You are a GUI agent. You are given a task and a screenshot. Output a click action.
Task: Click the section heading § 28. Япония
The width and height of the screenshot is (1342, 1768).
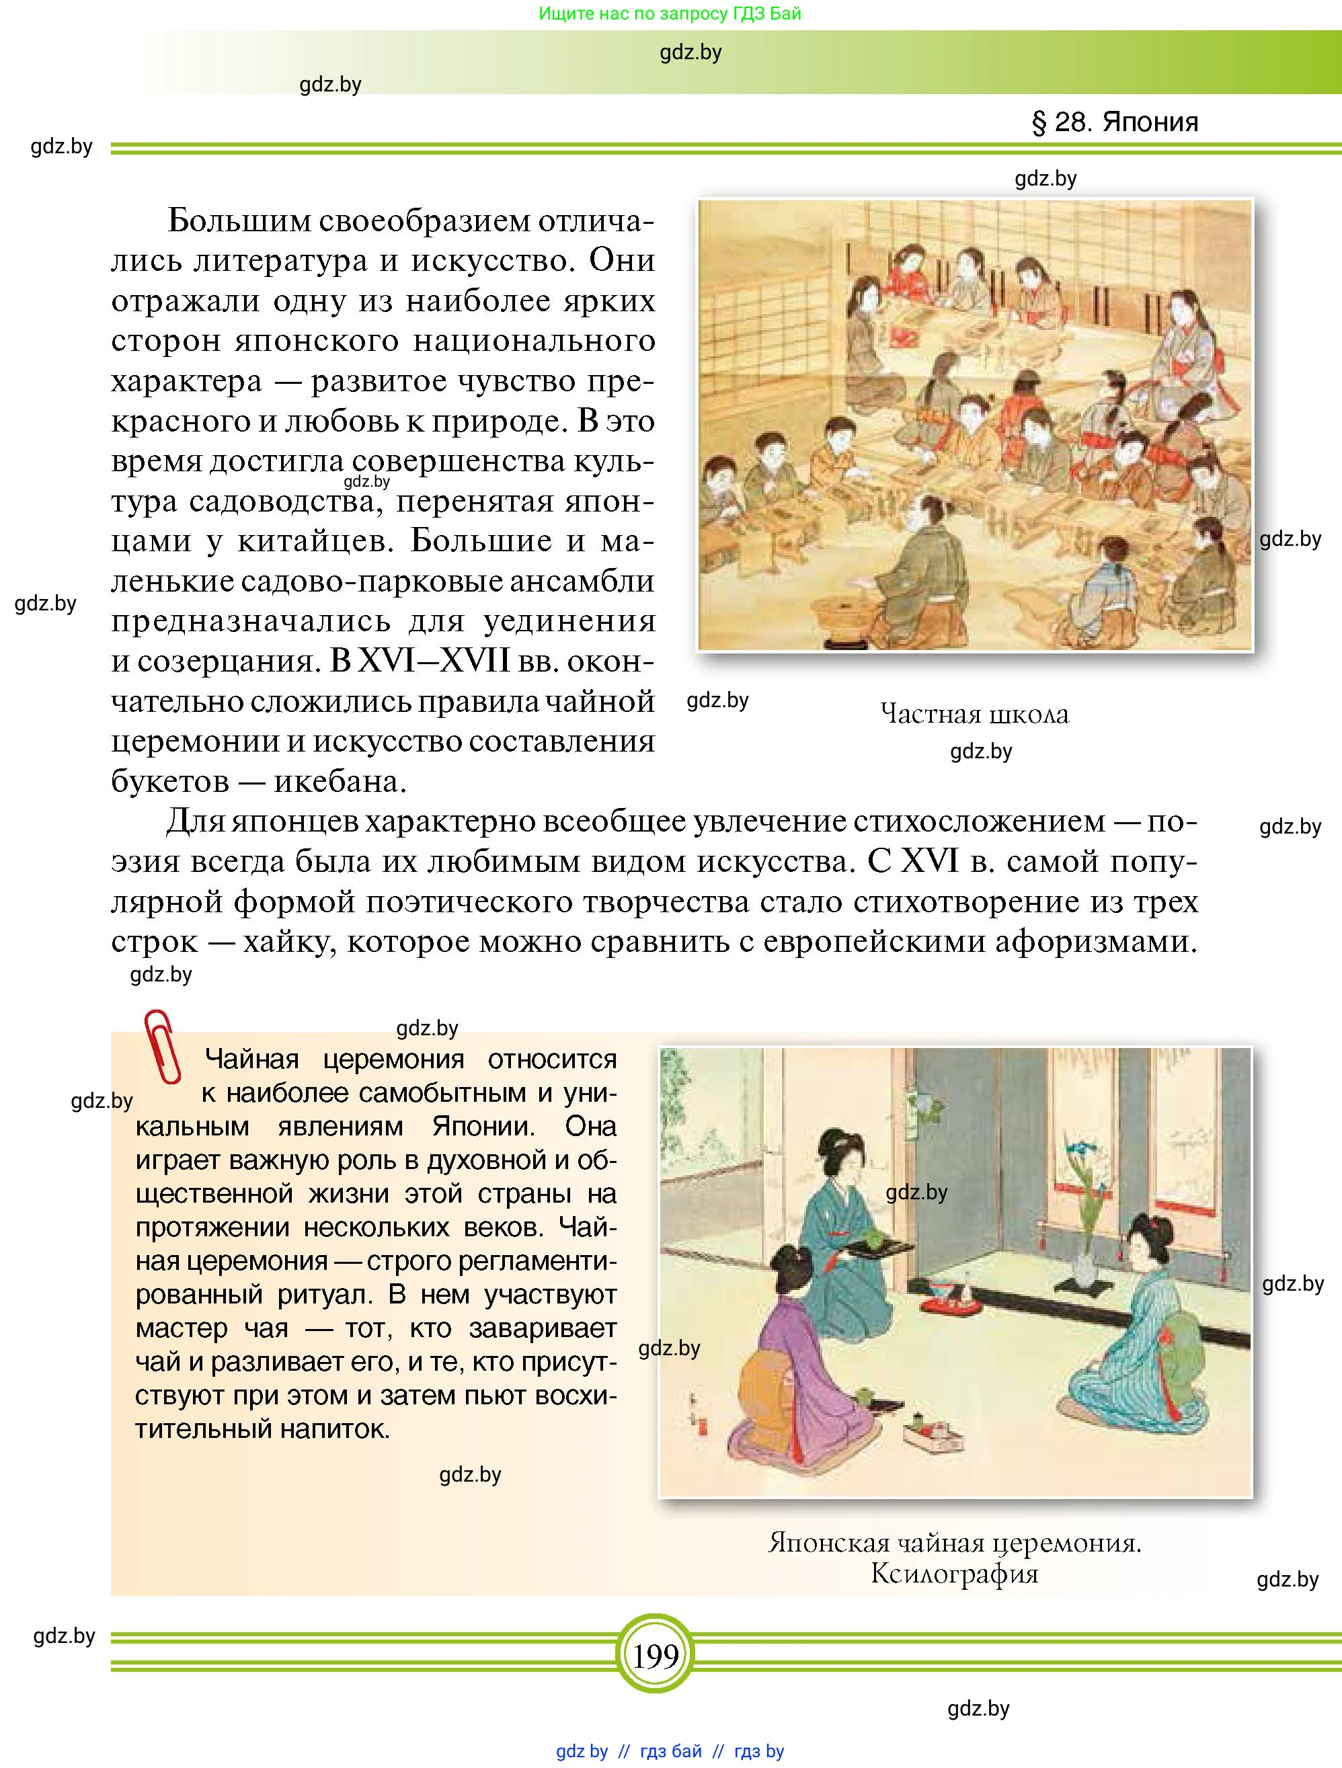(1115, 122)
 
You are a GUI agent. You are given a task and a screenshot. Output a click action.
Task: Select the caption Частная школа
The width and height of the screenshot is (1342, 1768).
(974, 714)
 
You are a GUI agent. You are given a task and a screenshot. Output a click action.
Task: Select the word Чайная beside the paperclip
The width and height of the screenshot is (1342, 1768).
(251, 1059)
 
